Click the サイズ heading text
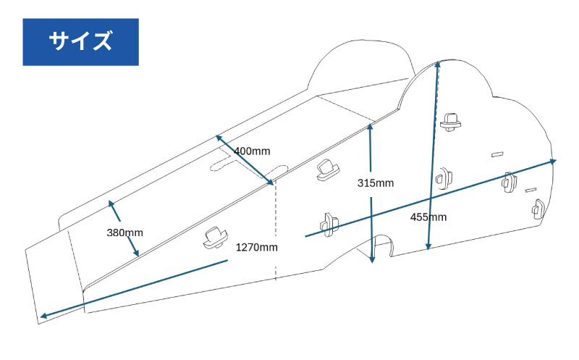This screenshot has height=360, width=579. point(80,41)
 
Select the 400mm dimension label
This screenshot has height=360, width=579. point(252,151)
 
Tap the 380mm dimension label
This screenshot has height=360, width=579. point(124,233)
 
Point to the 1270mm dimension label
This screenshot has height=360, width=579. point(256,247)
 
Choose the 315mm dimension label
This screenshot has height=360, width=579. point(376,183)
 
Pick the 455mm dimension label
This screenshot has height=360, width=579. point(428,217)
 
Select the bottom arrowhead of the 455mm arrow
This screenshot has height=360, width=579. point(428,248)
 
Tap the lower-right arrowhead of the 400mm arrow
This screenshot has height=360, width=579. point(272,182)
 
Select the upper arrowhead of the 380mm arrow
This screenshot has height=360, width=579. point(111,203)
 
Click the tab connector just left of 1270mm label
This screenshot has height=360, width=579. point(215,236)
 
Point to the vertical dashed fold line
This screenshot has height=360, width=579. point(276,232)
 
